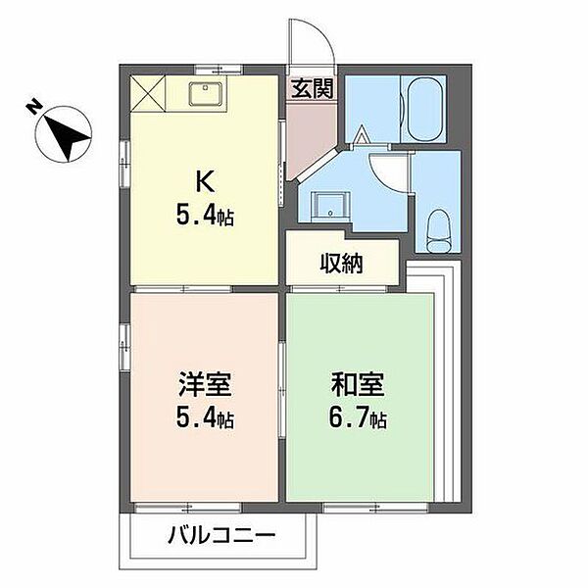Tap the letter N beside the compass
[x=33, y=106]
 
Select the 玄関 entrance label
[x=312, y=87]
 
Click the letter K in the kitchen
[x=206, y=182]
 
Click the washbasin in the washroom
[x=328, y=204]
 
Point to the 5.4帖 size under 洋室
[x=206, y=419]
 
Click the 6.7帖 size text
[x=358, y=419]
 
